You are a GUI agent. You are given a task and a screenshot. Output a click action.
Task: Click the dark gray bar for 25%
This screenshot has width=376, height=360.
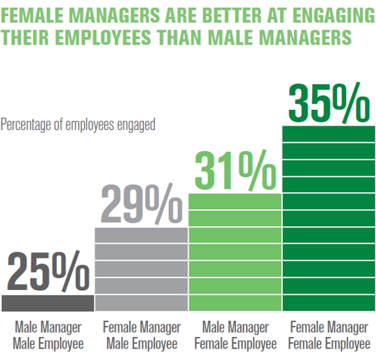click(x=48, y=303)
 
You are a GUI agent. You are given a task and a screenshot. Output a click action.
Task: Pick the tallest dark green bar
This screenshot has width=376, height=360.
click(x=328, y=218)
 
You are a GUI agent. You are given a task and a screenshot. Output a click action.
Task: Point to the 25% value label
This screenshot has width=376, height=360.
click(x=48, y=272)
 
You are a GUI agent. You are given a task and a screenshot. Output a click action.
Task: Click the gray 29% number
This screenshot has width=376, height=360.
click(x=141, y=204)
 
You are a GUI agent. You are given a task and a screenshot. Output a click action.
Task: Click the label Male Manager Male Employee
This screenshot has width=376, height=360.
click(x=48, y=336)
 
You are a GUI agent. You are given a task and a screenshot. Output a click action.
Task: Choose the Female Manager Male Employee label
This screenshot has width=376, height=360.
click(x=141, y=336)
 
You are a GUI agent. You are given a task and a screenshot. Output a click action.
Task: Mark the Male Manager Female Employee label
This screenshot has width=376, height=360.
click(x=235, y=336)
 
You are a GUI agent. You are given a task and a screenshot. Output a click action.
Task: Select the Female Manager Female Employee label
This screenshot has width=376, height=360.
click(x=328, y=336)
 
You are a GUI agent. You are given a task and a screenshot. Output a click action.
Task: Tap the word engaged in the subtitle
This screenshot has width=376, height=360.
click(x=137, y=125)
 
